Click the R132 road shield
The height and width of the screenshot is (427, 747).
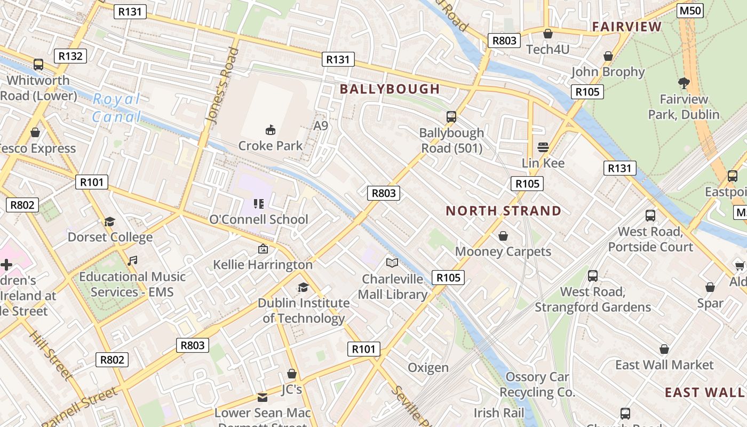coord(70,56)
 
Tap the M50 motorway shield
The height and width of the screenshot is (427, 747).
coord(690,11)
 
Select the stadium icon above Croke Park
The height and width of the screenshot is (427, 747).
coord(271,130)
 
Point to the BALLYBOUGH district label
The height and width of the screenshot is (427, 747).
coord(390,89)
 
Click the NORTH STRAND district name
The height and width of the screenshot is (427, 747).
coord(503,211)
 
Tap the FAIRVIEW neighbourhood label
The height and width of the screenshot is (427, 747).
coord(626,27)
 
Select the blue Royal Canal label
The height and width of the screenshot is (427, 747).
coord(117,108)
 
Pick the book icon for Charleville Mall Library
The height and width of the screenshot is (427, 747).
coord(392,263)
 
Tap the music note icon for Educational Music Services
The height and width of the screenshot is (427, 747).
coord(132,260)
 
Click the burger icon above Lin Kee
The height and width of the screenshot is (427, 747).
coord(543,147)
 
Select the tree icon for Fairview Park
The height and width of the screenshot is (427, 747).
coord(684,83)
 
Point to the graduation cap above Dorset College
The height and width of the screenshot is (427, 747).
coord(109,222)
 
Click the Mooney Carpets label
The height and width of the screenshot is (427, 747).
coord(503,251)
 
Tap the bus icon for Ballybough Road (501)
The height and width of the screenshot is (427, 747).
coord(451,116)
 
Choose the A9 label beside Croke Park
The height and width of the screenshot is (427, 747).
coord(321,126)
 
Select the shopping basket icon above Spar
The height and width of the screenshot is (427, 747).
coord(710,288)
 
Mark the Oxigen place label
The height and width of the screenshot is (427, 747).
coord(428,368)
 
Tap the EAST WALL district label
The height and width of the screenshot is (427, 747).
coord(704,392)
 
